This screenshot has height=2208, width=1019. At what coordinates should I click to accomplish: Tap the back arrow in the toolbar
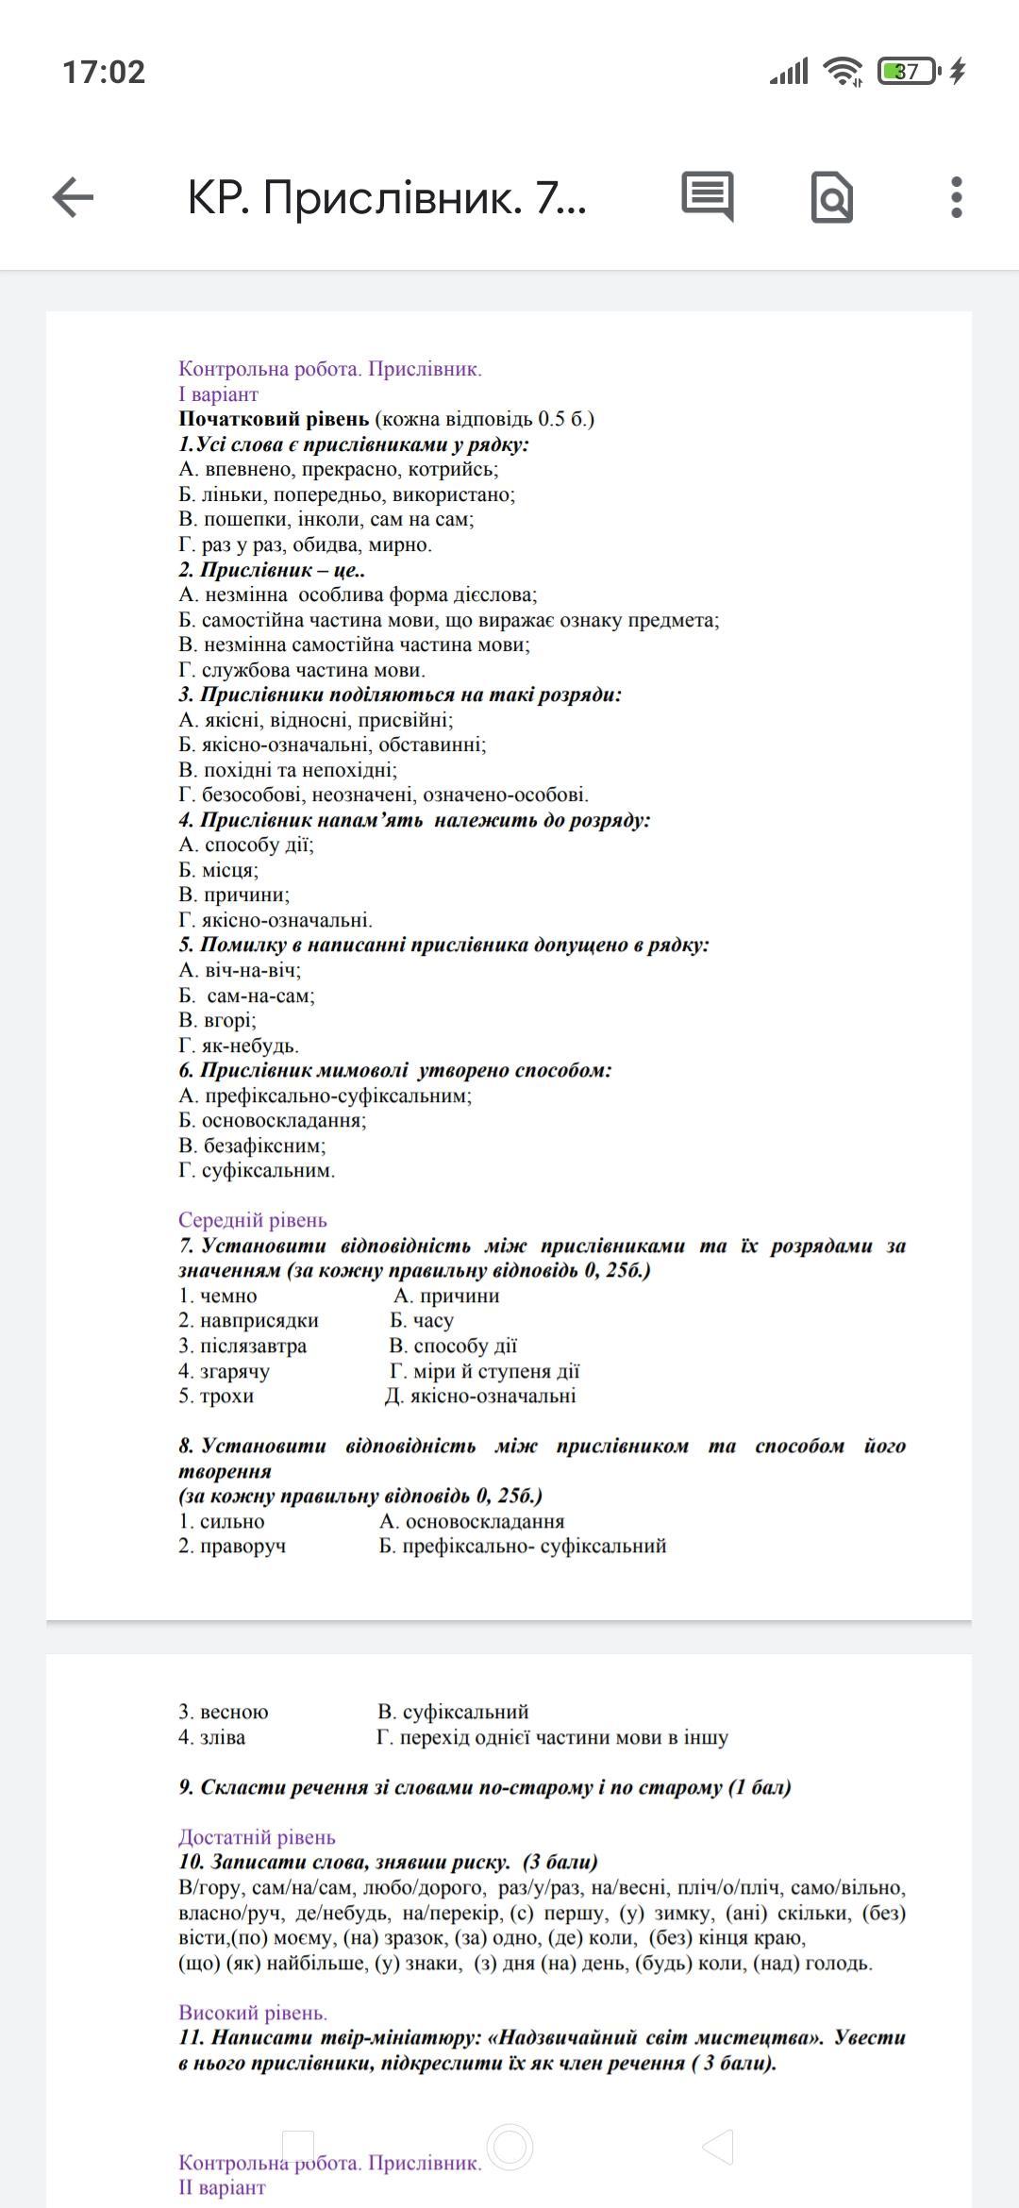pos(73,197)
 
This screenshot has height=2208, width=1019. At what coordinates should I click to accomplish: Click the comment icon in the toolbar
pos(707,196)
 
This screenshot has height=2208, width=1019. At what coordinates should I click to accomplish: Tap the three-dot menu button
pos(956,197)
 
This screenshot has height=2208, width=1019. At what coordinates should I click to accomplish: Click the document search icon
pos(831,197)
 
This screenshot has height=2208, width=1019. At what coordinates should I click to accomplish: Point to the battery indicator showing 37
pos(908,72)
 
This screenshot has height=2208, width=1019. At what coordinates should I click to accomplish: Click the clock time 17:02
pos(104,72)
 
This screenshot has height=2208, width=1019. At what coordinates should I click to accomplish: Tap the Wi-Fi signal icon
pos(842,72)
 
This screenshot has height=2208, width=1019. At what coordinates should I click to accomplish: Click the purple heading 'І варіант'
pos(218,394)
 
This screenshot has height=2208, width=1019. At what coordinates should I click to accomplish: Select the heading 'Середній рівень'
pos(253,1220)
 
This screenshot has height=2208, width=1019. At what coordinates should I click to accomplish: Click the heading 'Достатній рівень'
pos(257,1837)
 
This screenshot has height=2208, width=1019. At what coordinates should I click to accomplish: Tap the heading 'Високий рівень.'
pos(253,2013)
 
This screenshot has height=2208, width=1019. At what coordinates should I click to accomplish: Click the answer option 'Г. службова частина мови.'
pos(302,670)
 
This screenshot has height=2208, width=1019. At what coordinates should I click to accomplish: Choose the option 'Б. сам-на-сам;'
pos(247,995)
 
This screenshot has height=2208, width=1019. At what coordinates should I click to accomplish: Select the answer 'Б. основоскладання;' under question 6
pos(273,1120)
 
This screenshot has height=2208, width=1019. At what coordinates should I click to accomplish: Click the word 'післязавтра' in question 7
pos(253,1346)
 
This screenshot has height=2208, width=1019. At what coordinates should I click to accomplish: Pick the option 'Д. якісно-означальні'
pos(480,1396)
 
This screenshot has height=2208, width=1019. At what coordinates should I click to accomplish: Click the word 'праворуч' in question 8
pos(242,1546)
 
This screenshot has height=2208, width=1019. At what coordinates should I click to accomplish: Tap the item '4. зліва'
pos(212,1737)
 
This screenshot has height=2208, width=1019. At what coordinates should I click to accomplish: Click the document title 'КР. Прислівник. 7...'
pos(387,197)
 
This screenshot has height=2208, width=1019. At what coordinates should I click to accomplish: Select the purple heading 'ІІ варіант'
pos(222,2187)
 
